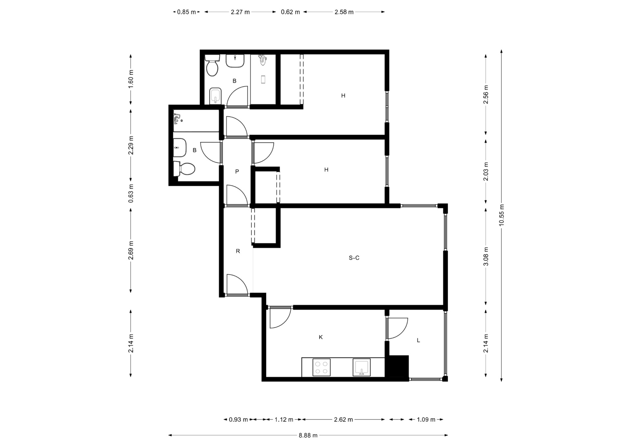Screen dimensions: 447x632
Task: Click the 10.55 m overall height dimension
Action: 501,215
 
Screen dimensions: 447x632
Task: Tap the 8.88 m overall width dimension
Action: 308,435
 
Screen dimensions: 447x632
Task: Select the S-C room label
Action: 354,258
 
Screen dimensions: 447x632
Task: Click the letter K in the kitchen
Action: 321,337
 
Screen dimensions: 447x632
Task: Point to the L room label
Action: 418,340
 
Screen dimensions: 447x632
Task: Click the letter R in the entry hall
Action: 238,251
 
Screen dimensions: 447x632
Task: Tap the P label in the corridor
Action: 237,171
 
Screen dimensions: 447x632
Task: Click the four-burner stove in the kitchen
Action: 321,367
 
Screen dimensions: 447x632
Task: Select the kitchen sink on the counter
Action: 361,367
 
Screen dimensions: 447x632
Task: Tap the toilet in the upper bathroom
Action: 212,66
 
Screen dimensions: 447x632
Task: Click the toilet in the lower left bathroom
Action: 184,169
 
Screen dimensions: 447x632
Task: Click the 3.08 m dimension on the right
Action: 486,256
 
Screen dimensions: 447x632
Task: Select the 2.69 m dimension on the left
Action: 131,250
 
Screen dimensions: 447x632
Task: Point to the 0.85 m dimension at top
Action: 186,12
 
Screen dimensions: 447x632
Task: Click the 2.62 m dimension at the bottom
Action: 343,419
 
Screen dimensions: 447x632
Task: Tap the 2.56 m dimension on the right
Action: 486,94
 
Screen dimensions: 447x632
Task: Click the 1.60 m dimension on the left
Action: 131,79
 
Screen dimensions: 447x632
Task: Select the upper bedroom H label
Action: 343,96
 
